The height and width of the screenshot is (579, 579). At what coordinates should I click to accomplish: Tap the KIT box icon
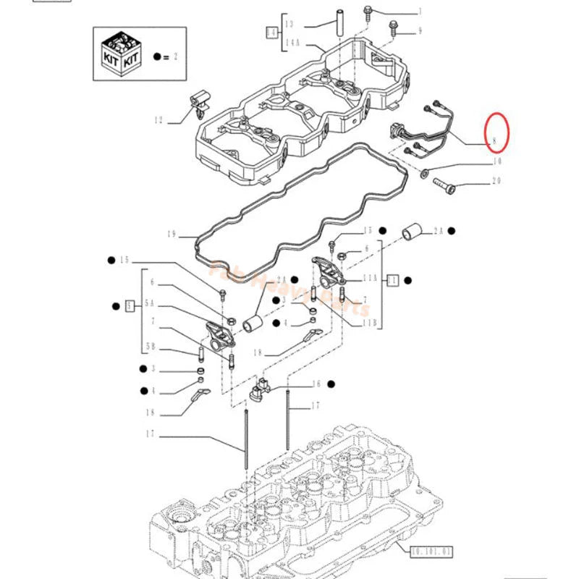pos(120,54)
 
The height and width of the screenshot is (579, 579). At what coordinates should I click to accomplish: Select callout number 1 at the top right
pos(418,12)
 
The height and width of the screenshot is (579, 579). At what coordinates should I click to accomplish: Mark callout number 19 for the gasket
pos(171,234)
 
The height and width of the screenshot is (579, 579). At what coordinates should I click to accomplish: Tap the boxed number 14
pos(272,33)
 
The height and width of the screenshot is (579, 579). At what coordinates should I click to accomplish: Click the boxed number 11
pos(393,279)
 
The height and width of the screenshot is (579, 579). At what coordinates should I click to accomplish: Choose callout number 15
pos(124,259)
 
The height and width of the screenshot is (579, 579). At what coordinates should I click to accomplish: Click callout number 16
pos(316,384)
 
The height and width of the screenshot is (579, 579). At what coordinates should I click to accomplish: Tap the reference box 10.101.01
pos(431,551)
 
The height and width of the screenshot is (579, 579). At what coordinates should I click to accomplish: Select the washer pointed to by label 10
pos(423,174)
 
